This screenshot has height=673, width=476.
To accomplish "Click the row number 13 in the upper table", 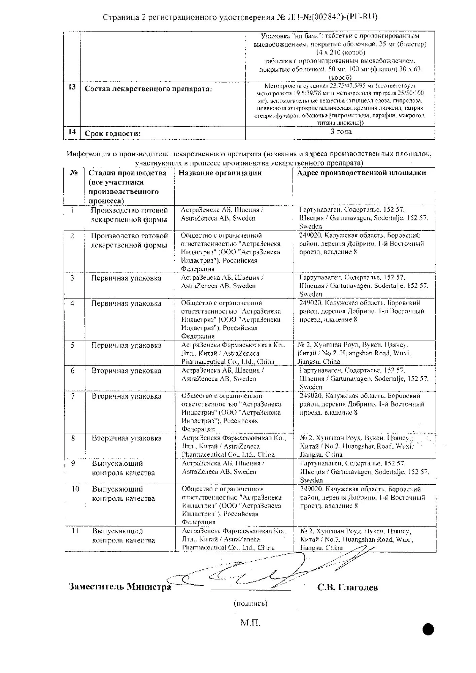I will click(72, 87).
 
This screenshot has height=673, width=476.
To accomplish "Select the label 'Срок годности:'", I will click(112, 134).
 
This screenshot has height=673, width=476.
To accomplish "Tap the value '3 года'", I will click(341, 132).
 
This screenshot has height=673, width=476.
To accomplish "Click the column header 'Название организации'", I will click(220, 173).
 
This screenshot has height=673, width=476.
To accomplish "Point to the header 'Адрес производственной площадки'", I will click(361, 173).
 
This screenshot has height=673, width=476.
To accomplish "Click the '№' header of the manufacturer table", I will click(74, 173).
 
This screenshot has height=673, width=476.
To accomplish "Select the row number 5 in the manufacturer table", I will click(73, 345).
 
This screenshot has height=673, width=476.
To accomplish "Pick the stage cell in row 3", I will click(126, 278).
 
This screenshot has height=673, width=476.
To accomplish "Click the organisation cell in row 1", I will click(222, 214).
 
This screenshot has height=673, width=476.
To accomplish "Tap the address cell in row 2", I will click(362, 244).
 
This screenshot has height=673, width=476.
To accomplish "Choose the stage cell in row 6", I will click(127, 371).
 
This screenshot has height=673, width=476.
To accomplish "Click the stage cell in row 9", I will click(123, 468).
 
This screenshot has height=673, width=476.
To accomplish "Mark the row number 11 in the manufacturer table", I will click(75, 531).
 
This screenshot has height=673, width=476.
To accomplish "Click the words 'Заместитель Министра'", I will click(120, 587).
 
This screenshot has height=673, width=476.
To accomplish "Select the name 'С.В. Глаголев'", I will click(347, 588).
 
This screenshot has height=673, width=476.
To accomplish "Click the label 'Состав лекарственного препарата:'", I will click(148, 89).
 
